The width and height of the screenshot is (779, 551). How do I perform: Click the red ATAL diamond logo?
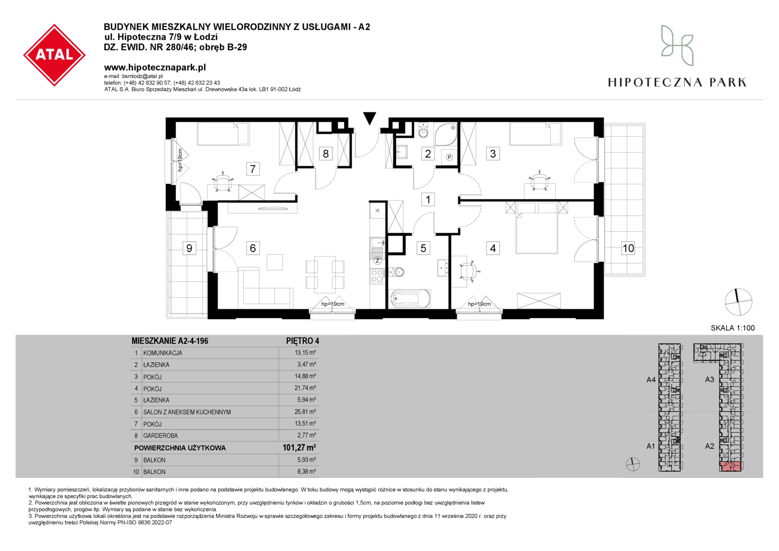pos(54,55)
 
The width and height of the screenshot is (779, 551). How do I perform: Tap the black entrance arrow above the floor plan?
pos(369,118)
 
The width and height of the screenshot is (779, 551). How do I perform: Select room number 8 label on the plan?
pos(325,154)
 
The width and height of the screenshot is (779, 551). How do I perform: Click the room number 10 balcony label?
pos(628,248)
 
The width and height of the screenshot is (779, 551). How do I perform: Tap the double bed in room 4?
pos(537,233)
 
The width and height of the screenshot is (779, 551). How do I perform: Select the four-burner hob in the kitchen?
pos(377,276)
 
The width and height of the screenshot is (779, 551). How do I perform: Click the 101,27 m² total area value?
pos(299,447)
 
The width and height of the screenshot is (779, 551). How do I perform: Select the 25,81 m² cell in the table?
pos(305,412)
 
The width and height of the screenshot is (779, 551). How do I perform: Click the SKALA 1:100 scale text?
pos(733,328)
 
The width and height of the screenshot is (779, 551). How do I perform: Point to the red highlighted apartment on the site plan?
pos(731,466)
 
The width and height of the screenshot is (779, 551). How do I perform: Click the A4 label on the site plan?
pos(651,380)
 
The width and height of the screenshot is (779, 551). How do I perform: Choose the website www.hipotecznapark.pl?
pos(155,67)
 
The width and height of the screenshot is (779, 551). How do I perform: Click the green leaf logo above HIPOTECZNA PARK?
pos(677,45)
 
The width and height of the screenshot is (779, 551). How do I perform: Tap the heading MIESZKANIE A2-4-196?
pos(170,341)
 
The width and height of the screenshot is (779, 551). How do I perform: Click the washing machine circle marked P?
pos(449,157)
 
